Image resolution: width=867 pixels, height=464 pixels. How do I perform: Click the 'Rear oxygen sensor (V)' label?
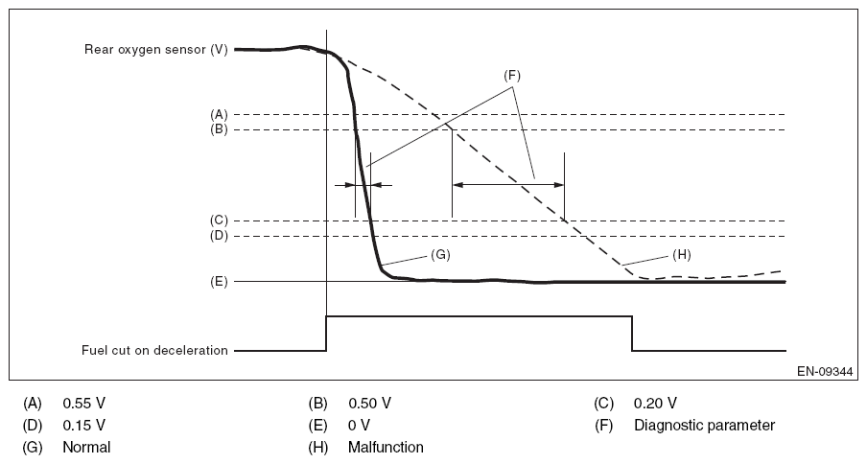(155, 49)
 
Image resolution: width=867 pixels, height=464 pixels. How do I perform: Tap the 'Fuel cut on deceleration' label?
(156, 350)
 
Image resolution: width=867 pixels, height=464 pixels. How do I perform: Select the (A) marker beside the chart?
(218, 113)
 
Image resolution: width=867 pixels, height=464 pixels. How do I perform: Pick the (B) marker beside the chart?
(218, 129)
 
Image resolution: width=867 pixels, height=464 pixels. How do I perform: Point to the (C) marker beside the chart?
(218, 220)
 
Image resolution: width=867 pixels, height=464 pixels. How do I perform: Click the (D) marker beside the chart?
(218, 235)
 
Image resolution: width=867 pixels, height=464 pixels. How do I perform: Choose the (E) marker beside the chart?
(218, 282)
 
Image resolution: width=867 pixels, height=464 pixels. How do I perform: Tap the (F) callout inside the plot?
(512, 75)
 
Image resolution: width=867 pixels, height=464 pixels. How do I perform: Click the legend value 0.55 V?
(83, 402)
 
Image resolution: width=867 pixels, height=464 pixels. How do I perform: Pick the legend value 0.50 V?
(369, 402)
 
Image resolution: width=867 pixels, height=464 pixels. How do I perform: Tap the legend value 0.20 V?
(655, 402)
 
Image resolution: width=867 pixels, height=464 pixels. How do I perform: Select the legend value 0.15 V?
(83, 424)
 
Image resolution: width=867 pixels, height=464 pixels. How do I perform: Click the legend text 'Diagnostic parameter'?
(704, 424)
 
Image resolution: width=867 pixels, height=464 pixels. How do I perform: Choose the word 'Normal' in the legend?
(87, 447)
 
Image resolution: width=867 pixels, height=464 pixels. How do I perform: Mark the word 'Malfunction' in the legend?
(386, 447)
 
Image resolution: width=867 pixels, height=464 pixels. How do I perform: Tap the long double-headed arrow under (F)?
(508, 182)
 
